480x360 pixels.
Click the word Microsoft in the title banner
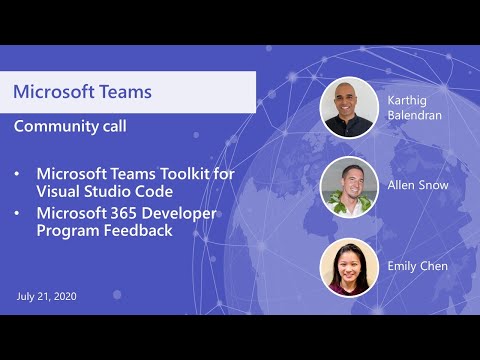coord(53,92)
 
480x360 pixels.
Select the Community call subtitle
coord(70,127)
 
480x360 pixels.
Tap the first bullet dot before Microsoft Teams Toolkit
coord(17,174)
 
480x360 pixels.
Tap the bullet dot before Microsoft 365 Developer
coord(17,213)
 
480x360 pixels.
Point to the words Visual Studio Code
coord(104,191)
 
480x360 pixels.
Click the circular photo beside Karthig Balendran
coord(350,107)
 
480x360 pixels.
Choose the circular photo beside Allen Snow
coord(350,187)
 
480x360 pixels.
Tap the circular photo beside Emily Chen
coord(350,267)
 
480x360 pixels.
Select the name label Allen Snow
coord(416,186)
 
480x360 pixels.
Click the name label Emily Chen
coord(417,266)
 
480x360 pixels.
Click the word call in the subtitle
coord(111,127)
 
